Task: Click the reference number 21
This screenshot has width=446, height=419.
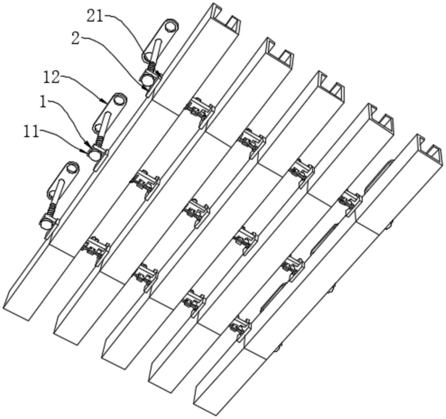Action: coord(95,17)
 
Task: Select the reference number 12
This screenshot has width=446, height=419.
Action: coord(51,77)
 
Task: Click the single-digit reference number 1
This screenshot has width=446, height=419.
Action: coord(43,103)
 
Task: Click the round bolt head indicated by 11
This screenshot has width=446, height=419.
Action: coord(94,155)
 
